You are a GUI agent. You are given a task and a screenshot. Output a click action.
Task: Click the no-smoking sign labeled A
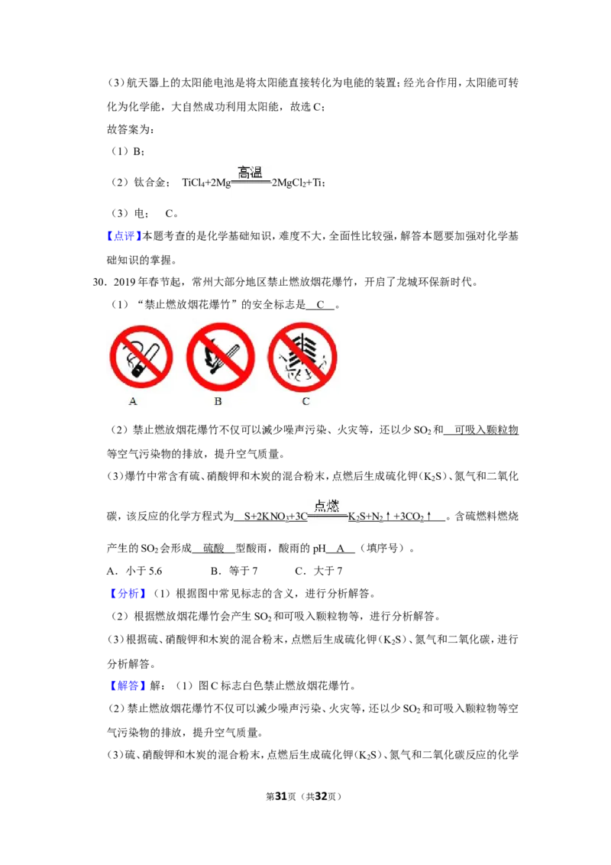click(x=141, y=357)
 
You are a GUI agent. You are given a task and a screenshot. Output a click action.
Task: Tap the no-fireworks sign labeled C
click(x=302, y=357)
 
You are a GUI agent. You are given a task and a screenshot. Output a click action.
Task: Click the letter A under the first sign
click(x=133, y=402)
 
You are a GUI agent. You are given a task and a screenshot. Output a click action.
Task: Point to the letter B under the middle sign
click(x=218, y=402)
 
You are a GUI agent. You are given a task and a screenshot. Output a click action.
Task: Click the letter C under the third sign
click(x=306, y=402)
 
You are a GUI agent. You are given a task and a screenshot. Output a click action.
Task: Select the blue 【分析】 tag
click(x=128, y=594)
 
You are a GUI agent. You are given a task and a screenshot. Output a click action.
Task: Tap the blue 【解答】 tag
click(x=128, y=685)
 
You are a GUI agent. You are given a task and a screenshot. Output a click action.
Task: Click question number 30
click(x=99, y=283)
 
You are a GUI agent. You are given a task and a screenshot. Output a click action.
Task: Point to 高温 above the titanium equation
click(x=250, y=173)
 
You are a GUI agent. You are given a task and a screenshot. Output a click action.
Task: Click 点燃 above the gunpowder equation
click(x=326, y=505)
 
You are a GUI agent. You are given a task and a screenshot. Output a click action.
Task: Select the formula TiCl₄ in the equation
click(x=193, y=183)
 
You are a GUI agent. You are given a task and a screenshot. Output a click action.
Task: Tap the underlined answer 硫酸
click(x=214, y=549)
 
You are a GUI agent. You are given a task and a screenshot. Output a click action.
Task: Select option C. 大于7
click(x=318, y=571)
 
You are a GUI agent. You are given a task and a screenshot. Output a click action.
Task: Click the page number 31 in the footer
click(x=281, y=796)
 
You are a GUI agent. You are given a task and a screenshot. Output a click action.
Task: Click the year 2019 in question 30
click(x=124, y=283)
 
